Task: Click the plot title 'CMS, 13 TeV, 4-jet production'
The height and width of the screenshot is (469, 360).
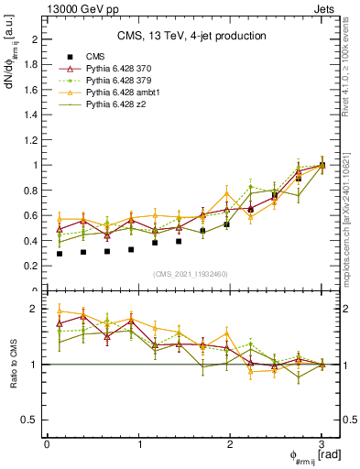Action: point(191,36)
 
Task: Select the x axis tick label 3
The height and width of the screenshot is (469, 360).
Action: point(322,444)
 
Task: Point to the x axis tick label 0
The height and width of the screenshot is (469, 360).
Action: point(47,444)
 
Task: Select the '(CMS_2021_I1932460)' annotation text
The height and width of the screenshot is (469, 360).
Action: point(191,274)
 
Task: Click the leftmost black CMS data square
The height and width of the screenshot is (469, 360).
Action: point(60,254)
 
